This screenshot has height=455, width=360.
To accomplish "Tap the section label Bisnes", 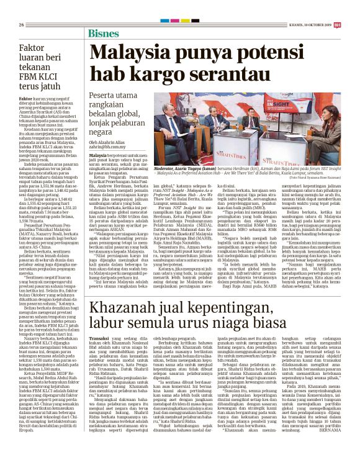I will pyautogui.click(x=104, y=33).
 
